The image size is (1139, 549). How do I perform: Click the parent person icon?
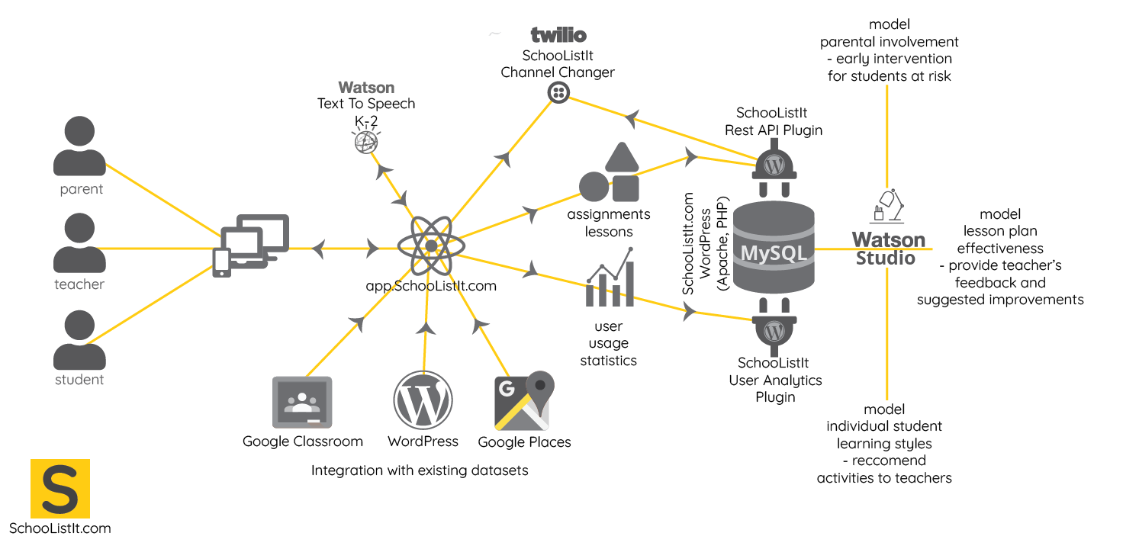[x=79, y=146]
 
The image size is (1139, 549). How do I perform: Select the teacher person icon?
[x=79, y=242]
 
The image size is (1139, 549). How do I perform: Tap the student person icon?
[x=79, y=339]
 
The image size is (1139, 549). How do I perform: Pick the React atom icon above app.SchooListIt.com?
[x=431, y=246]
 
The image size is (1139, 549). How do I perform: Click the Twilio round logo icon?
[x=559, y=92]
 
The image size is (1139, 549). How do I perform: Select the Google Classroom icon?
[x=302, y=403]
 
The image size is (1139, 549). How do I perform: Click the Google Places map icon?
[x=523, y=402]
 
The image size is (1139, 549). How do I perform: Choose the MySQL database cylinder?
[x=774, y=246]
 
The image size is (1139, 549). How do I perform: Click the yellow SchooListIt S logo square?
[x=60, y=488]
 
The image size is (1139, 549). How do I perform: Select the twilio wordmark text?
[x=559, y=35]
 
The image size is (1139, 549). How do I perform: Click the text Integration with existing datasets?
[x=420, y=470]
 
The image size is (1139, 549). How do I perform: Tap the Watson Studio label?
[x=888, y=249]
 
